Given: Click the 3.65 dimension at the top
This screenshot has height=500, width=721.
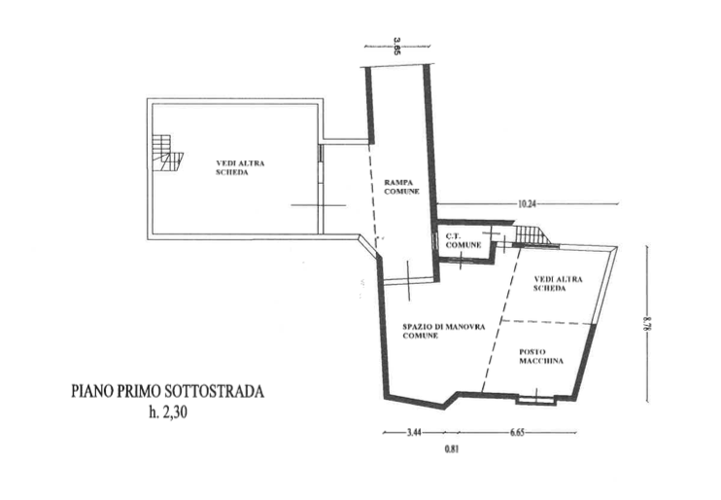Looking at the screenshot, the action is pyautogui.click(x=397, y=47).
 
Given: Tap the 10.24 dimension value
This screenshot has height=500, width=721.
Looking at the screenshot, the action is pyautogui.click(x=527, y=203).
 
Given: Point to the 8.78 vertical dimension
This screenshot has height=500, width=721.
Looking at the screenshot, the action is pyautogui.click(x=647, y=324).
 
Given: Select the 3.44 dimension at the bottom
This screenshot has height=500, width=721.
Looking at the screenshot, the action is pyautogui.click(x=414, y=432).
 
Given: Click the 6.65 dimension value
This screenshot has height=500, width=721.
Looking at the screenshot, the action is pyautogui.click(x=517, y=432).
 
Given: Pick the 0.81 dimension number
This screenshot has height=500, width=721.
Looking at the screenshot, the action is pyautogui.click(x=452, y=448).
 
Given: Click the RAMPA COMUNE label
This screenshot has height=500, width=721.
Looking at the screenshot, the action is pyautogui.click(x=402, y=187).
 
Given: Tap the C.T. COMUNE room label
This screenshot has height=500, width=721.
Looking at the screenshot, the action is pyautogui.click(x=463, y=240).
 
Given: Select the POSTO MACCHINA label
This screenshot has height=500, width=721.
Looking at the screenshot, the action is pyautogui.click(x=541, y=356).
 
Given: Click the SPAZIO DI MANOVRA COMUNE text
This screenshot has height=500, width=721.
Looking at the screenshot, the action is pyautogui.click(x=444, y=331).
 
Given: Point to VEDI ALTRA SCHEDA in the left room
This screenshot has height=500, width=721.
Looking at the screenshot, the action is pyautogui.click(x=240, y=167).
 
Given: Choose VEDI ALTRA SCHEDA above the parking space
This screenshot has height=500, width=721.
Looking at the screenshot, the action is pyautogui.click(x=558, y=284).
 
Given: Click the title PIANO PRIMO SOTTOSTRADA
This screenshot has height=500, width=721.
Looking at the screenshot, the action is pyautogui.click(x=168, y=391).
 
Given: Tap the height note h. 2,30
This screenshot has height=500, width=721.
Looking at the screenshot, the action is pyautogui.click(x=168, y=412).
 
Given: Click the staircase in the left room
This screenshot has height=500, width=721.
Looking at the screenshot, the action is pyautogui.click(x=168, y=153).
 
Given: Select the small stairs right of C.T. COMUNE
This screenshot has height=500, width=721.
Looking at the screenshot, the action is pyautogui.click(x=532, y=234).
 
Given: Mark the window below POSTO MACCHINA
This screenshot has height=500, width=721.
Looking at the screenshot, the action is pyautogui.click(x=535, y=401).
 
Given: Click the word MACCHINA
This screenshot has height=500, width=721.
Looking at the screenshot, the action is pyautogui.click(x=541, y=361).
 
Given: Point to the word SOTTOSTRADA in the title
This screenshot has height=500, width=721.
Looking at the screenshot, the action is pyautogui.click(x=215, y=391).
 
